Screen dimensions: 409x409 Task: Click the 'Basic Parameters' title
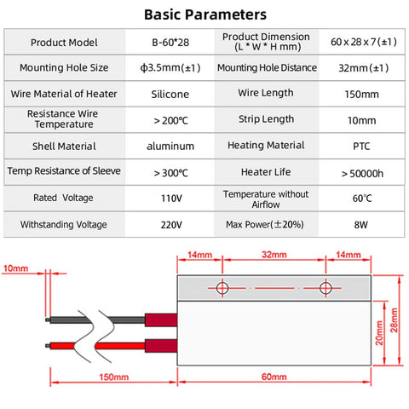click(205, 14)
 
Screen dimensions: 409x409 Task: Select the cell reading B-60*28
click(170, 43)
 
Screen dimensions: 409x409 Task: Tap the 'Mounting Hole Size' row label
click(64, 68)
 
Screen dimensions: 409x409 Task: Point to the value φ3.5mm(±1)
click(170, 68)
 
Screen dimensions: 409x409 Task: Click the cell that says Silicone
click(170, 95)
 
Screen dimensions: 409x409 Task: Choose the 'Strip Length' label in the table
click(266, 119)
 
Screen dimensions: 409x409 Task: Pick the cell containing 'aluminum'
click(170, 147)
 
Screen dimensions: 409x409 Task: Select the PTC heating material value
click(361, 147)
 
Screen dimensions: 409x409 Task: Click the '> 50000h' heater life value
click(362, 173)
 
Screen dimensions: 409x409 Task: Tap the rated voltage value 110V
click(171, 199)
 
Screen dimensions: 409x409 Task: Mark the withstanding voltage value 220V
click(171, 225)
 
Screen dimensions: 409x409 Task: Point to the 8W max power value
click(360, 225)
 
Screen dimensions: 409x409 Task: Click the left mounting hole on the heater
click(222, 288)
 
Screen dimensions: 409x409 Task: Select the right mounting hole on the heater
click(325, 288)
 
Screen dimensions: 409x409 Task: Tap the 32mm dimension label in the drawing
click(274, 255)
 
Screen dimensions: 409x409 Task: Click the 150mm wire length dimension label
click(114, 377)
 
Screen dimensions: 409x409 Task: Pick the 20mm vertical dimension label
click(379, 333)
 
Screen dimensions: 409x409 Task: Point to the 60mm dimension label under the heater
click(274, 377)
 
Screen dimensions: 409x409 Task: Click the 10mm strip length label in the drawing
click(15, 268)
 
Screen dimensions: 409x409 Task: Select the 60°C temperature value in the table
click(362, 199)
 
